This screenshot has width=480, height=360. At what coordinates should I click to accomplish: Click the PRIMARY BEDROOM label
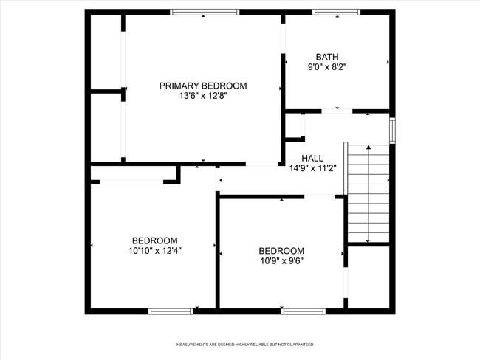point(203,86)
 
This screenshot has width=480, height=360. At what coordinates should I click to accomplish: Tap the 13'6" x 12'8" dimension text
point(203,96)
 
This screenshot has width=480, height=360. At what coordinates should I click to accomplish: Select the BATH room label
point(326,57)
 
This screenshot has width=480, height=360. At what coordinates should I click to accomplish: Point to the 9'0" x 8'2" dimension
point(326,67)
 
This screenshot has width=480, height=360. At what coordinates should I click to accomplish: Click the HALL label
point(312,158)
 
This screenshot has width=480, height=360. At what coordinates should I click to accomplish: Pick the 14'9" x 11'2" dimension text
point(312,168)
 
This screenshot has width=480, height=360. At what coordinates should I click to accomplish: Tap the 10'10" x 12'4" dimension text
point(154,251)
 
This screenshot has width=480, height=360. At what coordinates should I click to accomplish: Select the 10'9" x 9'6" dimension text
point(281,260)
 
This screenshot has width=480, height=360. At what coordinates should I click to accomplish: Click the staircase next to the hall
point(368,193)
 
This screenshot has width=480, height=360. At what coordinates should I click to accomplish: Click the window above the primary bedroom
point(205,12)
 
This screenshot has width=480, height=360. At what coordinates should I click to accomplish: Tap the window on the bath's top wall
point(336,12)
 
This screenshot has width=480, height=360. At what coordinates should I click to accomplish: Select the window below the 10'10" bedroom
point(171,311)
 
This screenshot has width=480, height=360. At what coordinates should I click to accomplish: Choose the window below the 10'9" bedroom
point(304,311)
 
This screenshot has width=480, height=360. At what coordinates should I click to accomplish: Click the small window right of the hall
point(393,131)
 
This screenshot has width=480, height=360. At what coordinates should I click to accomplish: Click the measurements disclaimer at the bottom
point(244,345)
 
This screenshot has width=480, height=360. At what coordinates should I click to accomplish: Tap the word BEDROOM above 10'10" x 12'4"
point(154,240)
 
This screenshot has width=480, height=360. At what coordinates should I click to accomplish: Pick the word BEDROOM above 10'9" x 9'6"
point(281,250)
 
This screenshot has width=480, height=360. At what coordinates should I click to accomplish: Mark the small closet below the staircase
point(368,277)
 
